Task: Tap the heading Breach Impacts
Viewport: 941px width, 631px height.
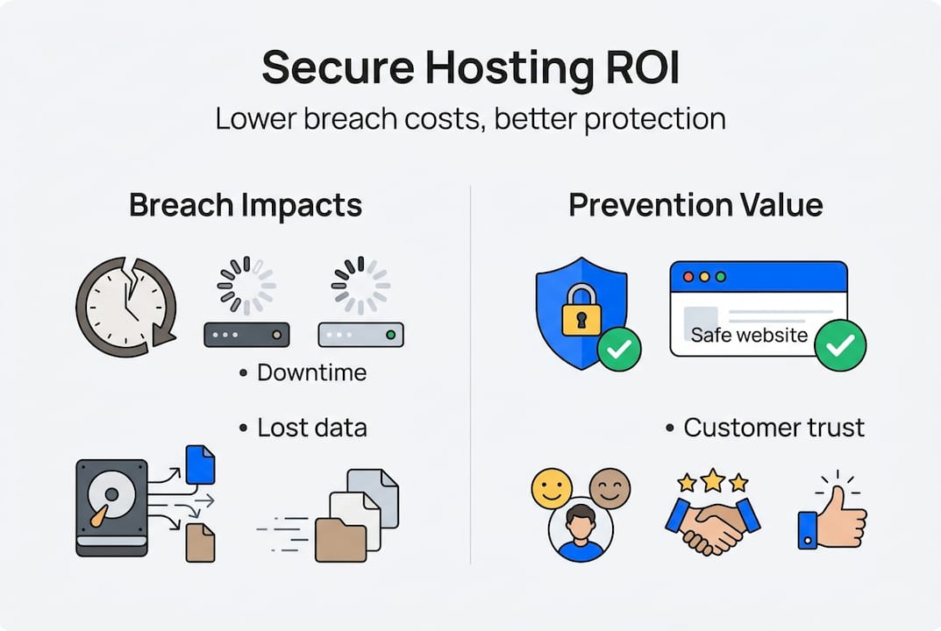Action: tap(245, 205)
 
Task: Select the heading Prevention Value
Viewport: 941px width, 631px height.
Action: tap(695, 205)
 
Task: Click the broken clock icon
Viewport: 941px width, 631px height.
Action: tap(125, 307)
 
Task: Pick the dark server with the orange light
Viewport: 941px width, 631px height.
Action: tap(246, 335)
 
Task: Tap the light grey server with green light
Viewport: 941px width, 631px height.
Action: tap(360, 335)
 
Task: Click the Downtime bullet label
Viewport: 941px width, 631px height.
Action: tap(311, 372)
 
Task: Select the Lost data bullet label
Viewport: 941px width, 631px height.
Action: tap(311, 428)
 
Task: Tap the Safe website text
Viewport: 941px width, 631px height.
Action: tap(749, 334)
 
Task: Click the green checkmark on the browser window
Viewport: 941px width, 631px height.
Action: tap(839, 344)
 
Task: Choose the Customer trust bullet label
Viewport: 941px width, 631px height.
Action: tap(773, 428)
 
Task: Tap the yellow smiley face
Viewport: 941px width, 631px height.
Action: tap(552, 487)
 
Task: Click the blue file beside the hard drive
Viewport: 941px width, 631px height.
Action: tap(201, 464)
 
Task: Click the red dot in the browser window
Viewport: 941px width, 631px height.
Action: tap(688, 276)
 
